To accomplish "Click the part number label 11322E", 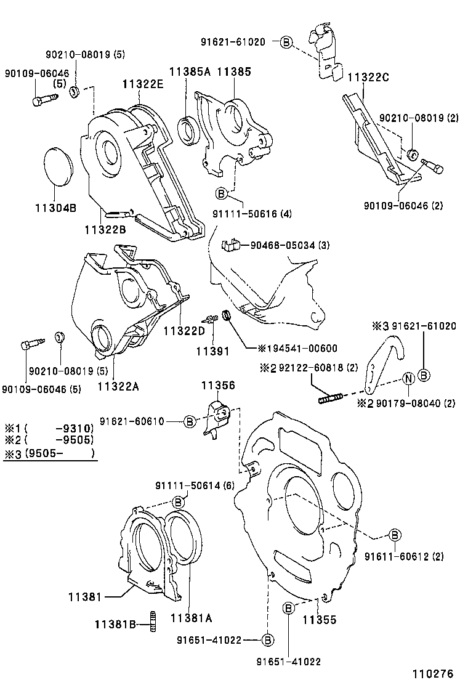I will (142, 84).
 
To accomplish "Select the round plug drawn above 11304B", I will (60, 166).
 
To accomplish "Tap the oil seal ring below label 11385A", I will (187, 130).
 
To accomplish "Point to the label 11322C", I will (368, 78).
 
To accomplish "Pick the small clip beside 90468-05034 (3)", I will (229, 245).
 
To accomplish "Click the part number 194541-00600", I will (294, 348).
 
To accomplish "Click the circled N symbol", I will (408, 379).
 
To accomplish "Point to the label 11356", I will (218, 386).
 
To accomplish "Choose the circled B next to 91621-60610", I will (190, 421).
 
